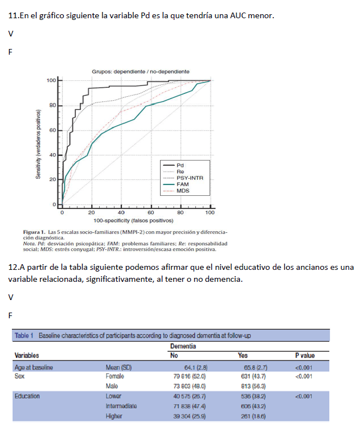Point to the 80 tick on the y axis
pos(52,105)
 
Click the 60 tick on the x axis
pos(151,212)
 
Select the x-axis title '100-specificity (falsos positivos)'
pos(134,220)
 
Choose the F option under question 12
pos(10,314)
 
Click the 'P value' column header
pos(305,356)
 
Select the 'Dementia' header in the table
pos(183,346)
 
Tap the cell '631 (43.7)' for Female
pos(251,376)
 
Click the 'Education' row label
pos(27,395)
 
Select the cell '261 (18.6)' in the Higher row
pos(251,416)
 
